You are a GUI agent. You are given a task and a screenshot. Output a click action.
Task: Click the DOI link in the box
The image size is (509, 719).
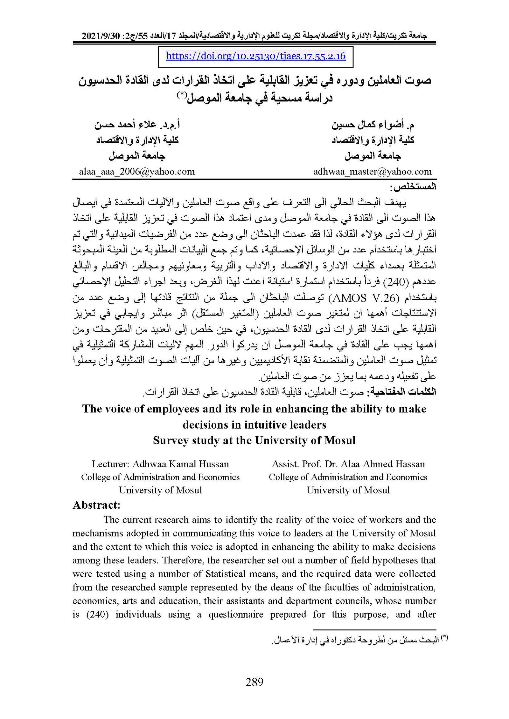point(255,56)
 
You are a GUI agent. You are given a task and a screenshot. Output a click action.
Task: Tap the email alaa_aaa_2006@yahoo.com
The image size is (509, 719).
point(137,172)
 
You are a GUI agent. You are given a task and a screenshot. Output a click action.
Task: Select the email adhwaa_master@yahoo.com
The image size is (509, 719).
point(373,172)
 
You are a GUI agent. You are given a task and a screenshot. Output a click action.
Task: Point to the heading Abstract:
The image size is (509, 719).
point(96,505)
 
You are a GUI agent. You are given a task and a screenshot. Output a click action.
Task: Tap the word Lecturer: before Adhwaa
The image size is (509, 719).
point(110,464)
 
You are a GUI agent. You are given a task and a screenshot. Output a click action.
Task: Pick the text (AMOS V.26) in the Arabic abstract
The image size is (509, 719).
point(366,298)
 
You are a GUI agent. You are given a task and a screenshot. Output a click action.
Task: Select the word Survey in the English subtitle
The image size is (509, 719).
point(171,441)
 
